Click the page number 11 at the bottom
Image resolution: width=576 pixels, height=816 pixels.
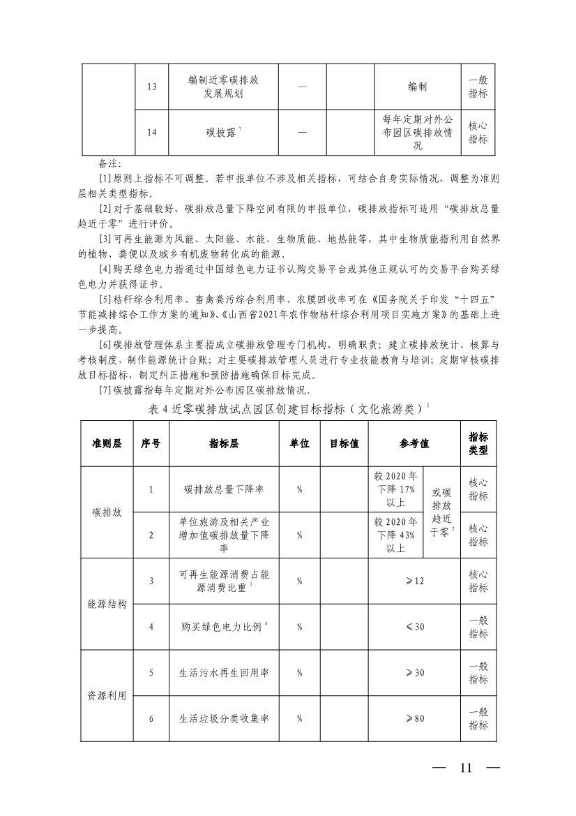[x=466, y=768]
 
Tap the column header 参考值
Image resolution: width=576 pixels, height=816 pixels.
[x=414, y=444]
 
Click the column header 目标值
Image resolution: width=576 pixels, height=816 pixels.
[x=344, y=444]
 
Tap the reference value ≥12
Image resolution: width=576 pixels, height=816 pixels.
[x=414, y=581]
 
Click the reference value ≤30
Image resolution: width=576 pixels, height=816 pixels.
[x=414, y=627]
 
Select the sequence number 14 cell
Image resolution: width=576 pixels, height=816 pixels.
[x=151, y=132]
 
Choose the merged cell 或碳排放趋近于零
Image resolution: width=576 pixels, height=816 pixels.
[x=442, y=512]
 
